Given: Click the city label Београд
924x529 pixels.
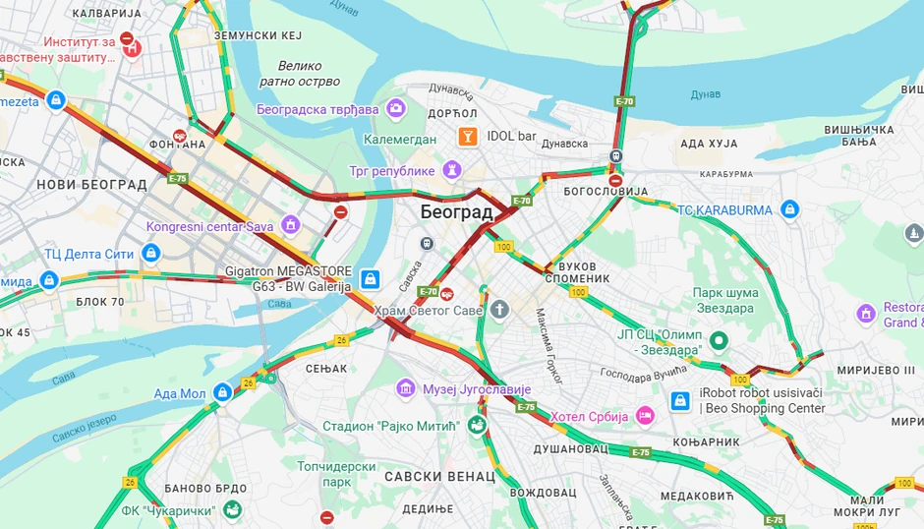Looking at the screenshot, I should click(x=456, y=211).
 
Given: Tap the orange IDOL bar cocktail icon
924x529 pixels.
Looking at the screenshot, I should click(x=468, y=136).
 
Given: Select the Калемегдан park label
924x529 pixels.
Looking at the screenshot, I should click(x=399, y=140).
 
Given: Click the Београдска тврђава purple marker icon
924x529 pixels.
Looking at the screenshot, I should click(x=396, y=108).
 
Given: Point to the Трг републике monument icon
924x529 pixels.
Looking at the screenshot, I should click(x=451, y=170).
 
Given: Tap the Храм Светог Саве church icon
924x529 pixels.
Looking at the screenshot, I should click(x=500, y=311).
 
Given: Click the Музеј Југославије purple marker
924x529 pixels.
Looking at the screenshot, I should click(x=405, y=388).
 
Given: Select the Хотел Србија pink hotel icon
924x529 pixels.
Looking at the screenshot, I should click(x=645, y=416).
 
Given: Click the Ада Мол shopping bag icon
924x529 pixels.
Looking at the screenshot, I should click(x=222, y=392).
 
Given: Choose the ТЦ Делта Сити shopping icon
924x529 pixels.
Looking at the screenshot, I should click(x=150, y=254).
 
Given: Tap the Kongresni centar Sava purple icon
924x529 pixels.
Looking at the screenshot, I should click(x=290, y=226).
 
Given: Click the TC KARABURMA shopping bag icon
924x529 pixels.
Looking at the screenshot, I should click(x=789, y=208).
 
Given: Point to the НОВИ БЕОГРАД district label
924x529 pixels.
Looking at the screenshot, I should click(x=91, y=184).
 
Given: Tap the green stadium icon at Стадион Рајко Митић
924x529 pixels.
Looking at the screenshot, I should click(x=477, y=426).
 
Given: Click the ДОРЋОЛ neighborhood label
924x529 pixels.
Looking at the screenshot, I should click(x=452, y=114).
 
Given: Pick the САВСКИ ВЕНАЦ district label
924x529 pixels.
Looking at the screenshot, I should click(x=440, y=476).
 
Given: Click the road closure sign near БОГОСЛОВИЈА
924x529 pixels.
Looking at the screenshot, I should click(x=615, y=180).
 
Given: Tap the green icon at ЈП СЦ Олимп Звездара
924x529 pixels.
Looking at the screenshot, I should click(x=720, y=341).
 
